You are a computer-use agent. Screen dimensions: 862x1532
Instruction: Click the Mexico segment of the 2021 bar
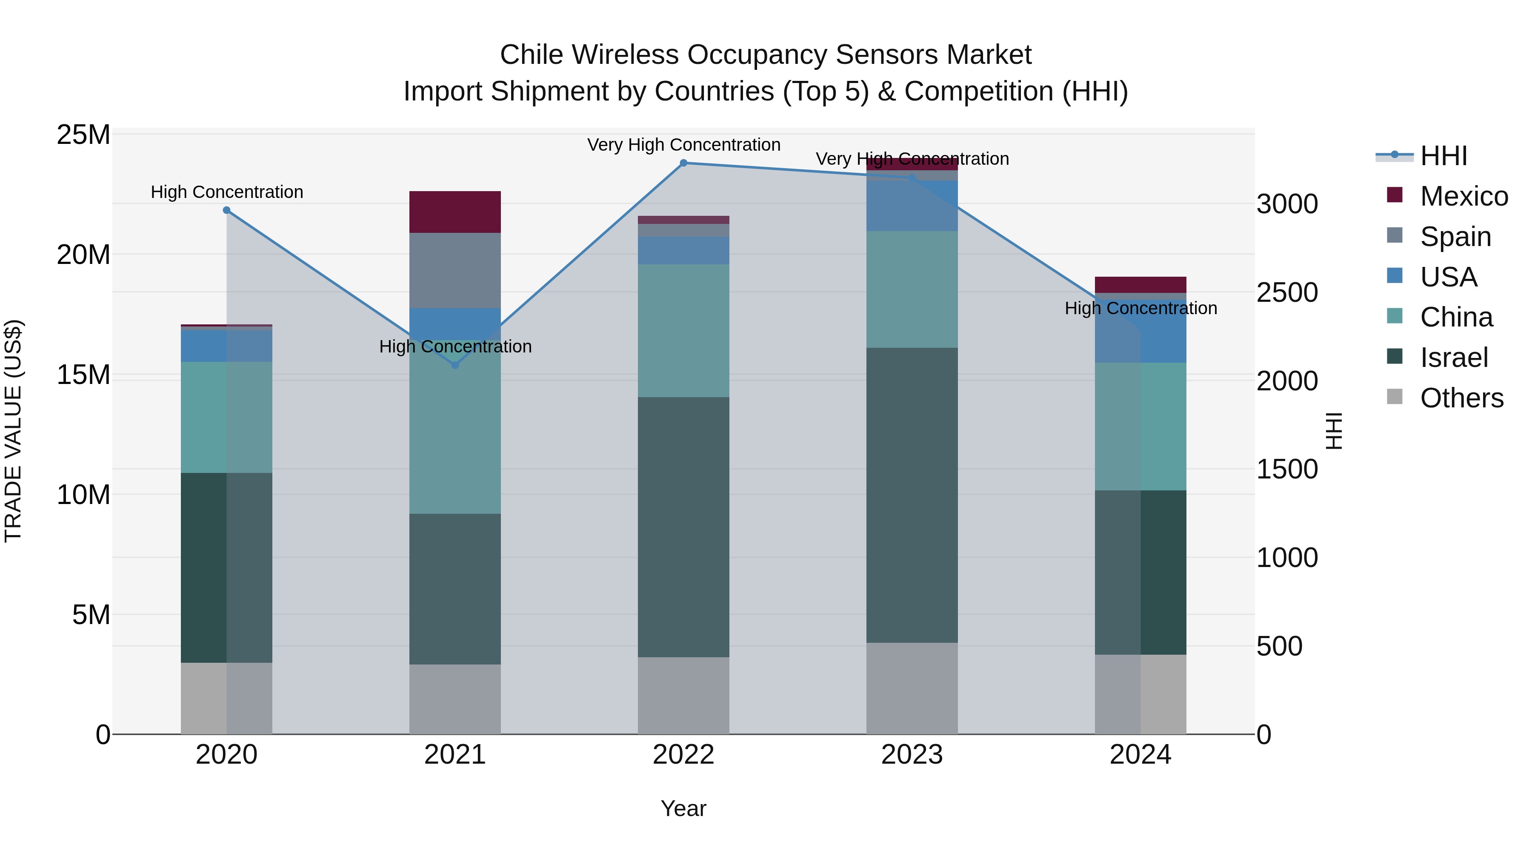(455, 212)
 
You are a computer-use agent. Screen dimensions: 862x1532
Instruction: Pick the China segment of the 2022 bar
(683, 330)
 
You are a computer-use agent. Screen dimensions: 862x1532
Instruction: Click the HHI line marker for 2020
(226, 210)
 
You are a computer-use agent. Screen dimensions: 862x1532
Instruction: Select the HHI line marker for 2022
(683, 163)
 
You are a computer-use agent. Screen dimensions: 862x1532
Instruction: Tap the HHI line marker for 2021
(455, 365)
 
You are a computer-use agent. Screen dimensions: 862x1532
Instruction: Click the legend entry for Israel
(1454, 358)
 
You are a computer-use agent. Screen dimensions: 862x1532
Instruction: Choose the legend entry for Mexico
(1463, 196)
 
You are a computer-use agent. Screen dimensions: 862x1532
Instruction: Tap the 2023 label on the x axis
(912, 755)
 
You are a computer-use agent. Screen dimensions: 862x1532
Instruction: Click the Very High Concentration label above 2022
(683, 145)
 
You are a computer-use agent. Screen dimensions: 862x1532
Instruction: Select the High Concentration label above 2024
(1140, 308)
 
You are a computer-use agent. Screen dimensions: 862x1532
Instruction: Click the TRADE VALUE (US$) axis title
(13, 431)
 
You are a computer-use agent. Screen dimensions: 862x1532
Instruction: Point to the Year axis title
(683, 808)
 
